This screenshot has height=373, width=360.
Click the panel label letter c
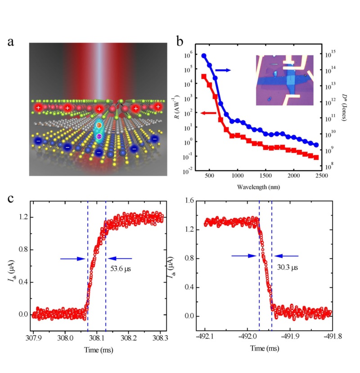click(13, 198)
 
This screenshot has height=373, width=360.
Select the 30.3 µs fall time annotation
click(288, 267)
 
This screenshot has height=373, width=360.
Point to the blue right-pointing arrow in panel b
click(223, 70)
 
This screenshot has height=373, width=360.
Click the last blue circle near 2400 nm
click(316, 145)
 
